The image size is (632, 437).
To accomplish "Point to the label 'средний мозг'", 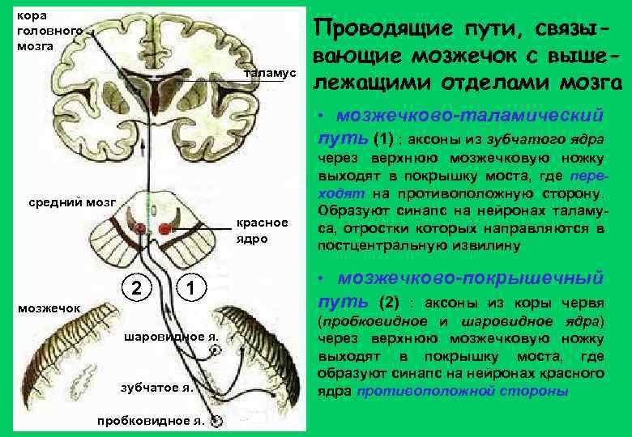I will [x=68, y=202].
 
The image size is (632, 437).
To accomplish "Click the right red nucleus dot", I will [x=165, y=229].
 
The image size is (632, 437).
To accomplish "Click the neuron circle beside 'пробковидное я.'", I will [x=215, y=421].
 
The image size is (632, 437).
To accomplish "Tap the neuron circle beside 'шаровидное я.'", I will [x=216, y=350].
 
